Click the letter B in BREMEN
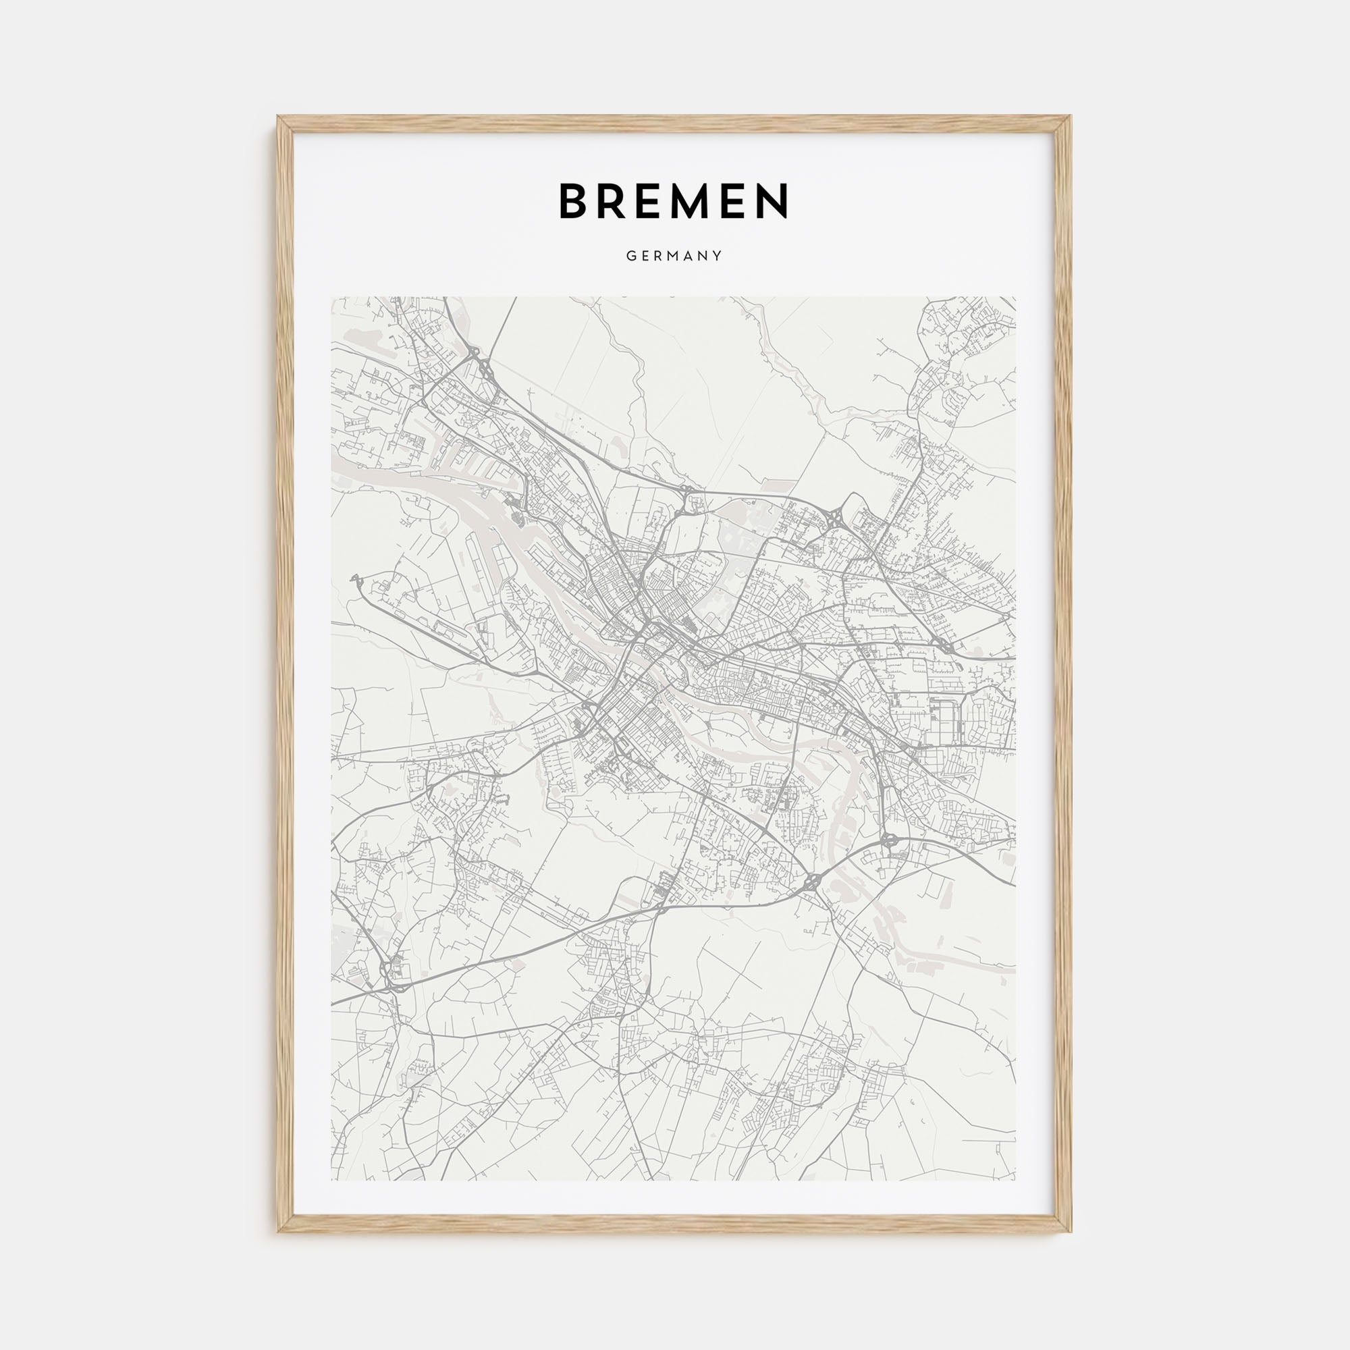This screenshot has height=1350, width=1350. point(574,201)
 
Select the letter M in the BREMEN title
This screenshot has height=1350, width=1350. point(703,201)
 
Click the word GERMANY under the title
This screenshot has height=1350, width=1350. point(674,256)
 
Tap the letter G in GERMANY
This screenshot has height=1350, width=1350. point(630,256)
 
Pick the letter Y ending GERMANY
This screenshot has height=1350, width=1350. point(718,256)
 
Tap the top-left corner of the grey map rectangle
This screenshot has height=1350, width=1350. point(332,297)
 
